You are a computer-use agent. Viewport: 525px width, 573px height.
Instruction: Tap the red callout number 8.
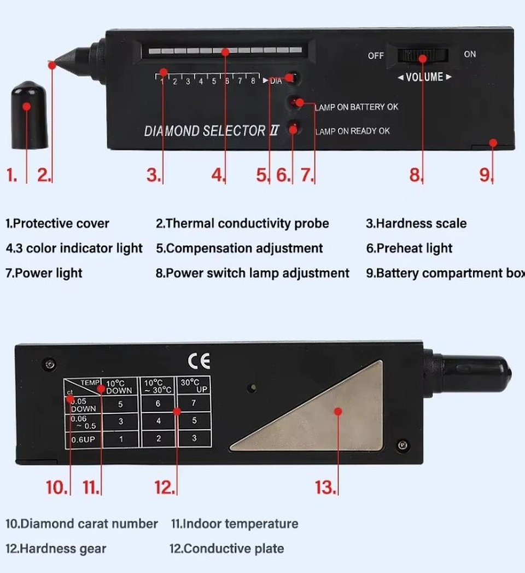(416, 175)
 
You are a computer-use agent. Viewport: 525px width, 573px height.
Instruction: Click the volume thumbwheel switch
(423, 56)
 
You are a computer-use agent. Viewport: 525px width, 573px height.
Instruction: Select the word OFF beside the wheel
(376, 56)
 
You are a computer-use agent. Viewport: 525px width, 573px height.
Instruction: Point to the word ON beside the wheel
(470, 54)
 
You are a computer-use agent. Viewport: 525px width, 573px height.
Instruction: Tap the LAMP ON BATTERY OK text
(357, 107)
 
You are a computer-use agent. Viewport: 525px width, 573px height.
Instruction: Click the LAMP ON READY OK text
(353, 131)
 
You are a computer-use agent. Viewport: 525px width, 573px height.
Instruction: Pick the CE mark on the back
(199, 361)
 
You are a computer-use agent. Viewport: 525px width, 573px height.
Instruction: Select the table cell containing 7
(192, 403)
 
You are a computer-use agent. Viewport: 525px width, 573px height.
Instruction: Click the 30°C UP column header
(193, 386)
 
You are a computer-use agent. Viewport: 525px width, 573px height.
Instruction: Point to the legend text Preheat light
(409, 248)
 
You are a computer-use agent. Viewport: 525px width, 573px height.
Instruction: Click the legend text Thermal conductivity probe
(242, 223)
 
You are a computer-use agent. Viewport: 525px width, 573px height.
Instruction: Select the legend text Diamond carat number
(81, 524)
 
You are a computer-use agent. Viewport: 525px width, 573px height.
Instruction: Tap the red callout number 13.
(325, 487)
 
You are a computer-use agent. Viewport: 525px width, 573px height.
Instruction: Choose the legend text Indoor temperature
(235, 524)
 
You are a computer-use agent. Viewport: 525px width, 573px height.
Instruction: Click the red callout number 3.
(154, 175)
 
